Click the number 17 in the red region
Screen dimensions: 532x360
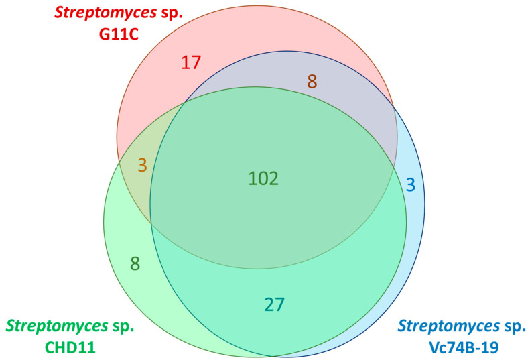pos(191,63)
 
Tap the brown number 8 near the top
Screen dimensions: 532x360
pos(312,82)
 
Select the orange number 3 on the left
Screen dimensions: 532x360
pos(142,165)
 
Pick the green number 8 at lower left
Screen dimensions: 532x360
pos(135,263)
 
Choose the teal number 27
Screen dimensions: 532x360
pos(275,304)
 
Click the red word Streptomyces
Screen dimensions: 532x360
pos(79,13)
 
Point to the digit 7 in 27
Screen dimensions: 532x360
pos(281,304)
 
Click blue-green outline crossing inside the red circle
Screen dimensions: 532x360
pos(185,103)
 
